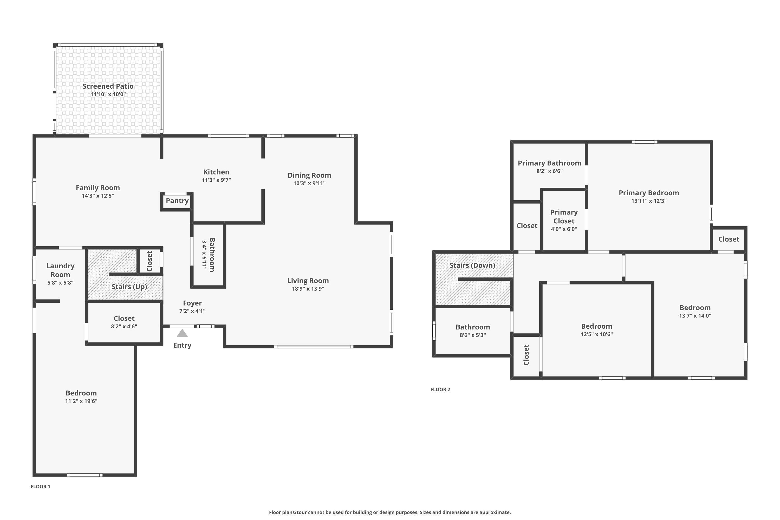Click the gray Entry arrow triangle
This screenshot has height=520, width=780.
pos(182,333)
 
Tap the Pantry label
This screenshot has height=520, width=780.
pos(177,201)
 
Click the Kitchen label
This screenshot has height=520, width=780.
pos(216,172)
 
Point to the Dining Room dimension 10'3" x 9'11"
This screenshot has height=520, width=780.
pos(309,183)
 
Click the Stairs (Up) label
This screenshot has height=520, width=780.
pos(129,287)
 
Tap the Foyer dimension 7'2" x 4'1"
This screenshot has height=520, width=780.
pos(192,311)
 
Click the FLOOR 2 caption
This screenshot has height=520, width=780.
pos(440,389)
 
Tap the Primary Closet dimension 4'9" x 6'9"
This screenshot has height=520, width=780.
pos(564,229)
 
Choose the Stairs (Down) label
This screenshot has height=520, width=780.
pos(472,265)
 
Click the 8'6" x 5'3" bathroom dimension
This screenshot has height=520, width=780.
pos(473,335)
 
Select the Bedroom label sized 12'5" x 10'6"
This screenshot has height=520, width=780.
pos(596,326)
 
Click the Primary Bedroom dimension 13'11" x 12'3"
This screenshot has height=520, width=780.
pos(649,201)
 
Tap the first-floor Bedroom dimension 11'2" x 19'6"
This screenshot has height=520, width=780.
pos(81,401)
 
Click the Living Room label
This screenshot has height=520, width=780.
pos(308,281)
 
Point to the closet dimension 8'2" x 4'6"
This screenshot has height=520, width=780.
pos(124,326)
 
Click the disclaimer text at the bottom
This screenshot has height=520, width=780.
pos(390,512)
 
